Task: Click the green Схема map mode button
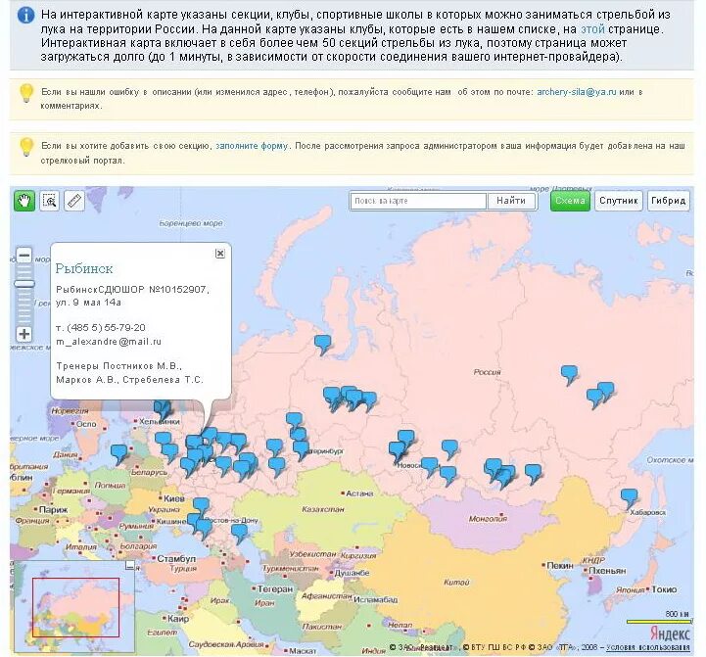(570, 201)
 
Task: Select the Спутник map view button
(619, 201)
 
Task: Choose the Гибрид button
(668, 201)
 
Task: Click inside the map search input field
(418, 201)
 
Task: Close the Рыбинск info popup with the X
(220, 253)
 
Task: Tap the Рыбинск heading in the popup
(84, 268)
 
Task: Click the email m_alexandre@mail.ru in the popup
(109, 341)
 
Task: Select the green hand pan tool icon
(24, 201)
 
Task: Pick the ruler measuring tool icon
(75, 201)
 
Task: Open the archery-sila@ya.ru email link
(577, 91)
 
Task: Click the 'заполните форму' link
(252, 146)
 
